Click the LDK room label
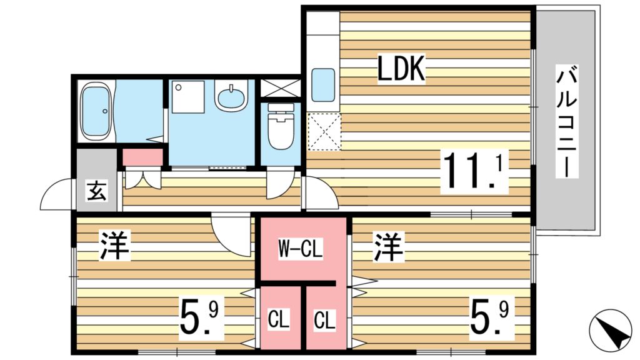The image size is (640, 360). [401, 69]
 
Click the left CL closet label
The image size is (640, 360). [279, 321]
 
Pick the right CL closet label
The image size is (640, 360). [325, 321]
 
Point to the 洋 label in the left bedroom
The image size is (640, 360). [114, 247]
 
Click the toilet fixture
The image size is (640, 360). [280, 127]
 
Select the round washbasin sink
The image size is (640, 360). [231, 97]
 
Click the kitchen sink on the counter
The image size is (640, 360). [323, 85]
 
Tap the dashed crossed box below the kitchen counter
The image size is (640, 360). [324, 132]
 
